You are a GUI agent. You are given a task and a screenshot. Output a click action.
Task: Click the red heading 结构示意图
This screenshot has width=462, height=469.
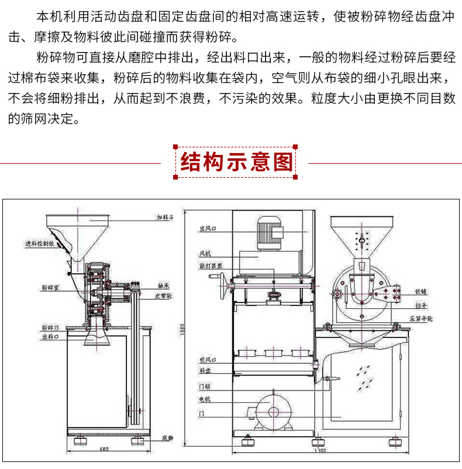pos(236,161)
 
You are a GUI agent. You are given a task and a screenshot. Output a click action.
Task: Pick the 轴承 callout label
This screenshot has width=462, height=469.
pos(164,286)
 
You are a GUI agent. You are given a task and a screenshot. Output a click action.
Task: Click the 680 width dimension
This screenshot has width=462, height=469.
pos(104,449)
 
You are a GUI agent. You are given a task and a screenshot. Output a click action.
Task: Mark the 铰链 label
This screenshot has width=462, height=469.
pos(422,291)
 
